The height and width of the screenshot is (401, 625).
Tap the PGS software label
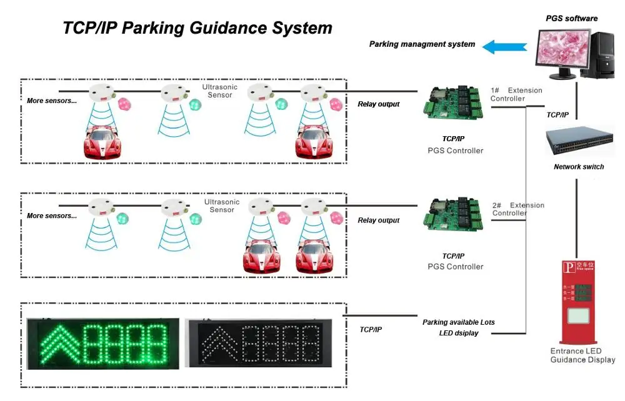[x=572, y=19]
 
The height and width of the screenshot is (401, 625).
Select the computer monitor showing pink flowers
[x=559, y=51]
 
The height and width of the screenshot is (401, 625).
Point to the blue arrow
[x=506, y=46]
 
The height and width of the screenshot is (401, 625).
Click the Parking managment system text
[x=422, y=44]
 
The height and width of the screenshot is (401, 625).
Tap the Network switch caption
[x=579, y=167]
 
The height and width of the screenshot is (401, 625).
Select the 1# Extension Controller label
[x=516, y=94]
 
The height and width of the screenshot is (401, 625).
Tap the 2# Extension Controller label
[x=518, y=209]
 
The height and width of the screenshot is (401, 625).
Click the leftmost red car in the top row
[x=102, y=142]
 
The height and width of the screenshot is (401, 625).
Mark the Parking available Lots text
[x=458, y=322]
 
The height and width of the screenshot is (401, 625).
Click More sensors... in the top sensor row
[x=52, y=101]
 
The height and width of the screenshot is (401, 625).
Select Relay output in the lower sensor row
[x=378, y=220]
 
